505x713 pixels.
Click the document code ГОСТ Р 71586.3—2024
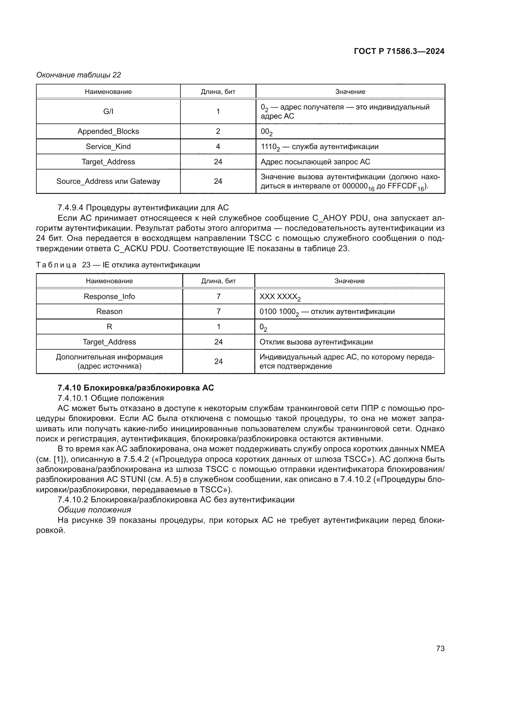point(399,51)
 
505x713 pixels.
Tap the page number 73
point(440,648)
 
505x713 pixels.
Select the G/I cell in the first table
point(108,112)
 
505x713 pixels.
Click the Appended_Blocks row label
point(108,131)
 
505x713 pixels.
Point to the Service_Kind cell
point(108,147)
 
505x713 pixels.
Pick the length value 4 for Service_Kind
point(218,147)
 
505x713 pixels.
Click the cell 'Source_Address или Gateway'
point(108,181)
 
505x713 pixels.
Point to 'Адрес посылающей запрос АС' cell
point(315,162)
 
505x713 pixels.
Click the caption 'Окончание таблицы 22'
point(79,75)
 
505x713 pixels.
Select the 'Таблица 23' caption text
point(118,265)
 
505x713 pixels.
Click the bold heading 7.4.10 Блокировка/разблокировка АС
point(136,387)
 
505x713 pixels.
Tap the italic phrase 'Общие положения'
point(94,510)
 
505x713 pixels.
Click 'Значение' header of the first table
point(350,92)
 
